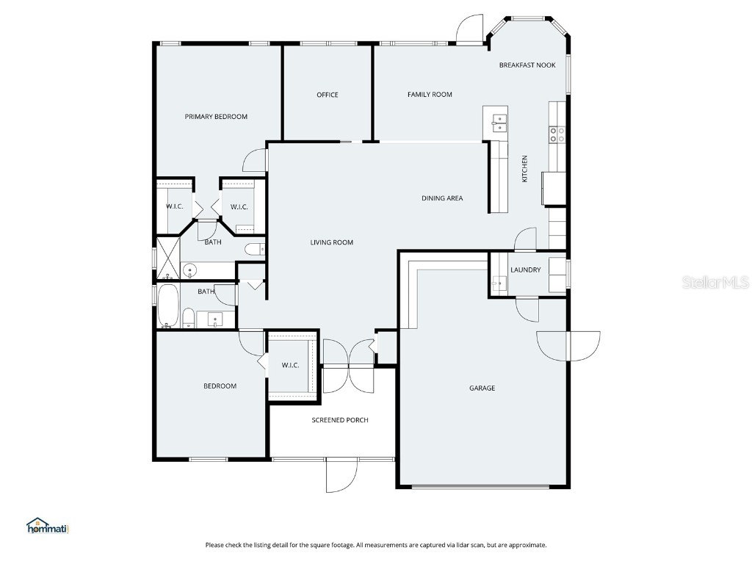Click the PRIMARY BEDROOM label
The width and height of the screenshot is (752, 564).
point(216,117)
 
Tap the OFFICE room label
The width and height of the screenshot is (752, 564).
point(328,95)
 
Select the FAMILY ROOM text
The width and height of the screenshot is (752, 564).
point(430,95)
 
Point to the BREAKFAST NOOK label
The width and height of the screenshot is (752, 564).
point(527,65)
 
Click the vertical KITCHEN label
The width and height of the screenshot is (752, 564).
point(524,169)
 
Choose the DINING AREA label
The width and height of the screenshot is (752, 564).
point(442,198)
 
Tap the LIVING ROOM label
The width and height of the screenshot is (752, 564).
point(332,242)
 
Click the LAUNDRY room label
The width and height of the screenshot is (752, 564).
point(526,270)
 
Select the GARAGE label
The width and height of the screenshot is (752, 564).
point(482,388)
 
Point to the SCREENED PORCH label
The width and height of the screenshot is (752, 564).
point(340,420)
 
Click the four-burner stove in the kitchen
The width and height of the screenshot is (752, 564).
point(557,134)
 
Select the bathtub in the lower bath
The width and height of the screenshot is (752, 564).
point(167,307)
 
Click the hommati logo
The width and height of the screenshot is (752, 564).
point(48,526)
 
